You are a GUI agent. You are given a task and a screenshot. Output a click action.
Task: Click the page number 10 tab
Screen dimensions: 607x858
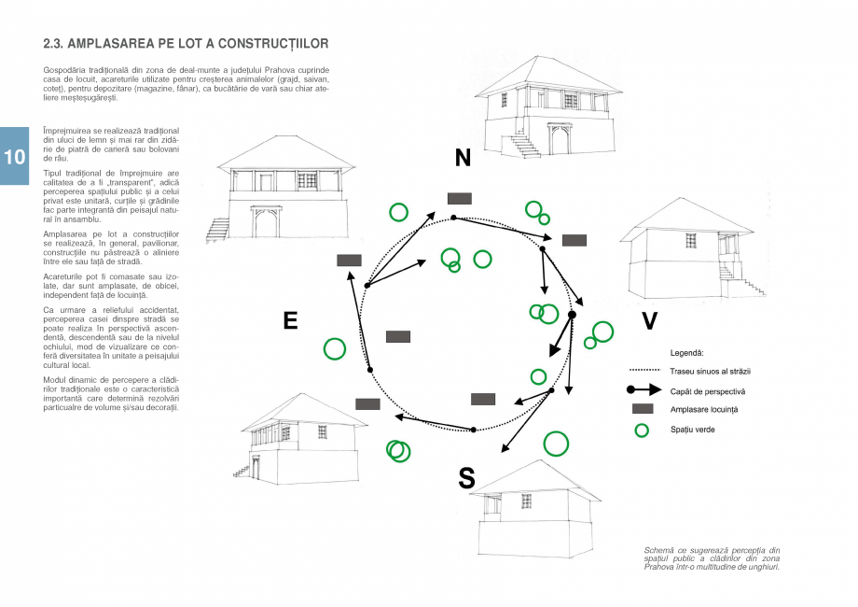(x=15, y=156)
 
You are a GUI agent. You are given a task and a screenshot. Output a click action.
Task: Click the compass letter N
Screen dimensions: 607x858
(x=463, y=159)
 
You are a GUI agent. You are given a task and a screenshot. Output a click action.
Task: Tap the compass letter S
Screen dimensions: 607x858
(x=466, y=479)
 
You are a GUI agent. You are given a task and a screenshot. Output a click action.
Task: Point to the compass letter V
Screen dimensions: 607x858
(x=649, y=322)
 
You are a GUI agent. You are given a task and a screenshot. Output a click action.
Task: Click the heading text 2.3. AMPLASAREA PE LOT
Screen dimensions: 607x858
(x=186, y=44)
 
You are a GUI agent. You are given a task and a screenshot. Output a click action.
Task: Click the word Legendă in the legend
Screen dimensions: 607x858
(x=686, y=354)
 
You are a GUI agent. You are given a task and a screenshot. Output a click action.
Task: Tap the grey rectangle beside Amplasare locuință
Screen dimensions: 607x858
(x=642, y=410)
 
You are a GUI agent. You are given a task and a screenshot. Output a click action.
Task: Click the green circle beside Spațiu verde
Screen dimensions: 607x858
(x=641, y=430)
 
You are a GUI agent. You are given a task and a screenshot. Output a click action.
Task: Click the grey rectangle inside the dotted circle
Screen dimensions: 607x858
(x=398, y=336)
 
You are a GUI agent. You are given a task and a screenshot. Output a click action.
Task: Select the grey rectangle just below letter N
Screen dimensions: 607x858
(x=460, y=198)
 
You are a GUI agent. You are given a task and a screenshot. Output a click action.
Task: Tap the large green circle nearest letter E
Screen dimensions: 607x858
(x=335, y=349)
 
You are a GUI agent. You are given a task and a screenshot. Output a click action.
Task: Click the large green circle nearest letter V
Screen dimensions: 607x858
(x=602, y=332)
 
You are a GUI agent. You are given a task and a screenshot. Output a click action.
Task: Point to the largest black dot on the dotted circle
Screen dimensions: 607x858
(x=572, y=315)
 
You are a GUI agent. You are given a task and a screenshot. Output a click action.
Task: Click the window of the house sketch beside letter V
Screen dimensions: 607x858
(x=691, y=241)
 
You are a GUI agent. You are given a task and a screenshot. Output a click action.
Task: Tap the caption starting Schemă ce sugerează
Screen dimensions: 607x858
(x=712, y=558)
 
